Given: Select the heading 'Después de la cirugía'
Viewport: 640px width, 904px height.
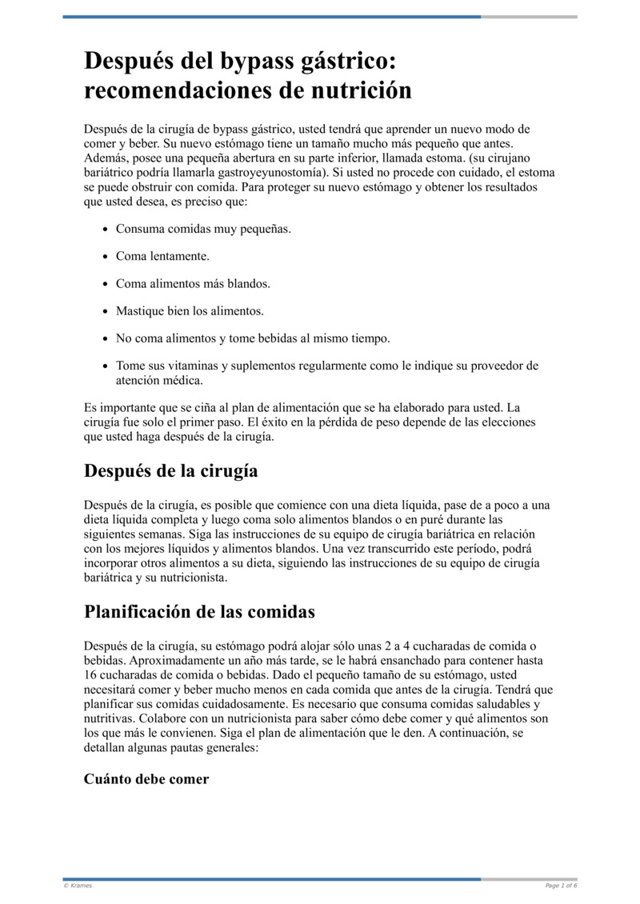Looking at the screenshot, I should point(170,470).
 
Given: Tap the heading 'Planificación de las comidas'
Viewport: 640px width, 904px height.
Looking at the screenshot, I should point(199,612).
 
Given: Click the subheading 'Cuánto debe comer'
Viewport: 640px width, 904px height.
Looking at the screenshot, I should point(146,778).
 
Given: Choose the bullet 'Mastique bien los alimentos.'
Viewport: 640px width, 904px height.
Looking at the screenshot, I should point(190,310).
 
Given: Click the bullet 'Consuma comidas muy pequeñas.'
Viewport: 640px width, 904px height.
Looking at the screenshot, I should point(203,229).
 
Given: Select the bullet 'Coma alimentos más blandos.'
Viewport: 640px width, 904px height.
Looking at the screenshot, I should point(193,283).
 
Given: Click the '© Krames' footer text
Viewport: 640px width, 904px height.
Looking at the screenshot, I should point(78,886).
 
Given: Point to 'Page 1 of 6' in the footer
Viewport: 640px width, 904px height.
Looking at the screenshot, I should point(561,886).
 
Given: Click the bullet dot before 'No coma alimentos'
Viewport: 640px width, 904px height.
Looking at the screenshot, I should point(106,338).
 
